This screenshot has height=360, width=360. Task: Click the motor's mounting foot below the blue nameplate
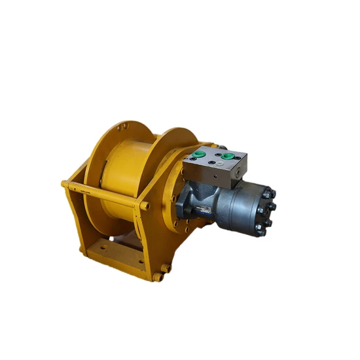coord(196,213)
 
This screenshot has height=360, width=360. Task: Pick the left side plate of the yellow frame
coord(74,216)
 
